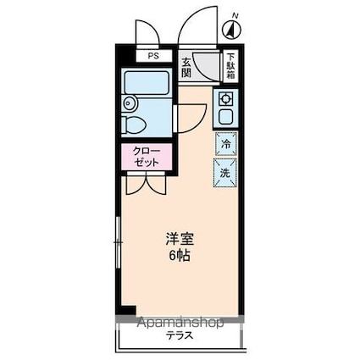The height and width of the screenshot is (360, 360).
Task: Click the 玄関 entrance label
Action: pyautogui.click(x=186, y=66)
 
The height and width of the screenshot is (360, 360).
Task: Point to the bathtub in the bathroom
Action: pyautogui.click(x=147, y=85)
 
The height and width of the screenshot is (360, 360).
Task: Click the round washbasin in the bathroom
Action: pyautogui.click(x=129, y=104)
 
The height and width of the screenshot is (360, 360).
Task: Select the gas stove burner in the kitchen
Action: pyautogui.click(x=226, y=99)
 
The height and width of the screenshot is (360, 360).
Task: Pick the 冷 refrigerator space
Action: pyautogui.click(x=226, y=144)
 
